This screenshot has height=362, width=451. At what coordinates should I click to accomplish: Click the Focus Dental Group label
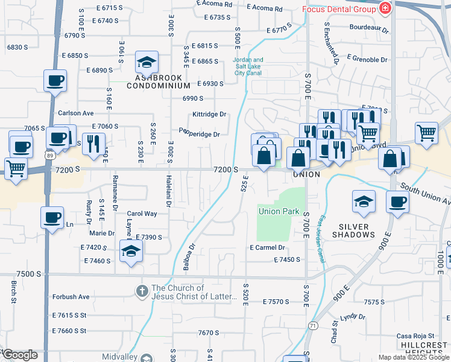click(338, 9)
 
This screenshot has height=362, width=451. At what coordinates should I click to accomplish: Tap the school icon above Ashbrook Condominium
click(147, 62)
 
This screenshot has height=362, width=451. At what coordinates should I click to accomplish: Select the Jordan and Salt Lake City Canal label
click(248, 66)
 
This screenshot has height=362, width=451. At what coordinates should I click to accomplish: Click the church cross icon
click(141, 291)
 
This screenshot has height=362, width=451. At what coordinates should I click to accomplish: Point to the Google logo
click(19, 355)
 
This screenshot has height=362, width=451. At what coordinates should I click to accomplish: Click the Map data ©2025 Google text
click(413, 357)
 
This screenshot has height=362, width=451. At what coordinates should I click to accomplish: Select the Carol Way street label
click(142, 214)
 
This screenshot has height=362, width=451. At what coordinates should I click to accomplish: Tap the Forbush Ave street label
click(71, 296)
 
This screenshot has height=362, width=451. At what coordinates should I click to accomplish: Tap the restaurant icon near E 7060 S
click(92, 142)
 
